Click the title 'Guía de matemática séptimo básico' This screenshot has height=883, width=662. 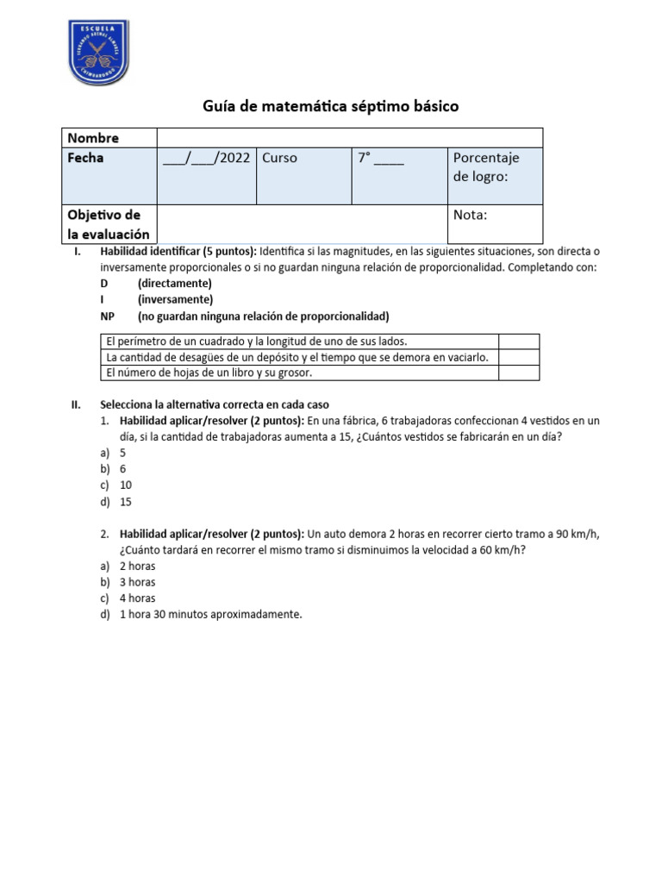331,106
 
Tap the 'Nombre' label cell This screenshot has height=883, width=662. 109,138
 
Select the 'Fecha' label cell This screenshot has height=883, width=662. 109,176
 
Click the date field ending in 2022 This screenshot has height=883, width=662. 206,159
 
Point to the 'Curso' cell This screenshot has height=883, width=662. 303,176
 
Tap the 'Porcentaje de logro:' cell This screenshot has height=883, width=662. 496,176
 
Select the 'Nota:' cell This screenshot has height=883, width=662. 496,223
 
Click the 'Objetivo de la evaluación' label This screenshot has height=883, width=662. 109,223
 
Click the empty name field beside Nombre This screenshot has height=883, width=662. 349,138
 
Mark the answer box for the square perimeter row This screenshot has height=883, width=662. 519,341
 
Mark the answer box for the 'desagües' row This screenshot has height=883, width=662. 519,357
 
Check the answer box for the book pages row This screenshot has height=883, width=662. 519,373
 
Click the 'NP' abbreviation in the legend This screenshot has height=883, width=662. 107,316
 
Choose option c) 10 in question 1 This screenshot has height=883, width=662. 125,485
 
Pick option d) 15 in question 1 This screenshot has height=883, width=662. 125,501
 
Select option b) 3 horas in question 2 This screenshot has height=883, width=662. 137,582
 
